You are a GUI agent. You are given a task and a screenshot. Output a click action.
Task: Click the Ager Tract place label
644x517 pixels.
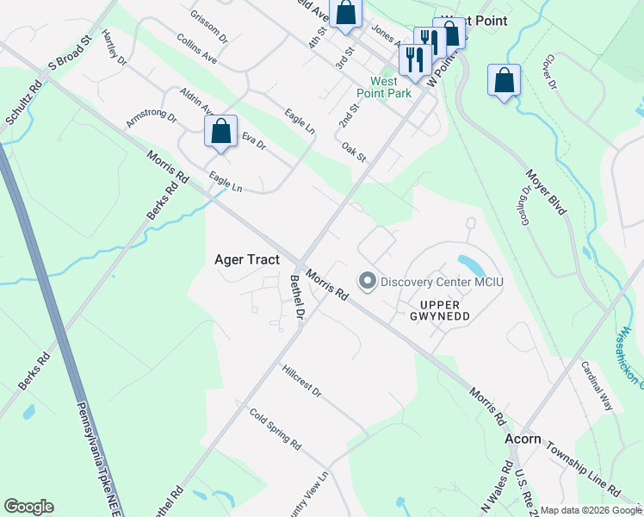click(246, 258)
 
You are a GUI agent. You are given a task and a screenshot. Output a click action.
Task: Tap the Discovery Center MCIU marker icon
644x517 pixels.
click(367, 282)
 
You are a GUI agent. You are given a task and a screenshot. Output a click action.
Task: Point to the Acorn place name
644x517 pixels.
click(523, 439)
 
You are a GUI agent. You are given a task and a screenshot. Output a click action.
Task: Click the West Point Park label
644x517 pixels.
click(385, 88)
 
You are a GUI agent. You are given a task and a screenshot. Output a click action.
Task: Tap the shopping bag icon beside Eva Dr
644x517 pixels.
click(221, 132)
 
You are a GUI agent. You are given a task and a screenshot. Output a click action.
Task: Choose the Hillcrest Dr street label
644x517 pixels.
click(301, 380)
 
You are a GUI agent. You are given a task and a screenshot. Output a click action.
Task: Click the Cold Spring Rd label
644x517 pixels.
click(275, 427)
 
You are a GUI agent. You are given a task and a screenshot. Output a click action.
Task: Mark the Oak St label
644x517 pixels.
click(354, 152)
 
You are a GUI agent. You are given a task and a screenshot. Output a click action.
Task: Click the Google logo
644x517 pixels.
click(28, 507)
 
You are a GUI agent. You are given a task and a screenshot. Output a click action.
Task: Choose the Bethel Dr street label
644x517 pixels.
click(297, 297)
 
